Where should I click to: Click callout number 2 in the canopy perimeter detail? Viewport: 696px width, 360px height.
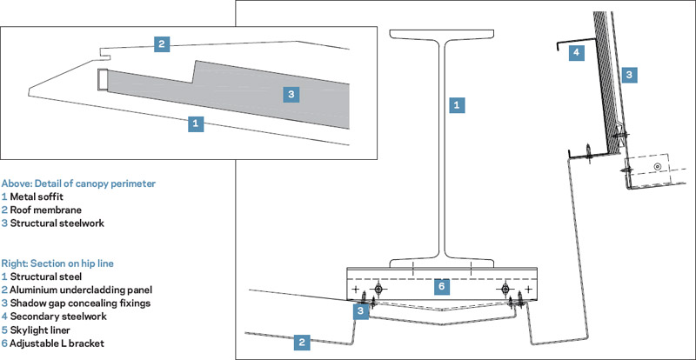tap(161, 43)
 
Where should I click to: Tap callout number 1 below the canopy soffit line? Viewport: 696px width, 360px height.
tap(196, 123)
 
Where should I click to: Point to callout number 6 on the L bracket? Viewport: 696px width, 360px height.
tap(440, 285)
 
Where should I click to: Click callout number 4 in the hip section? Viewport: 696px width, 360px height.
tap(575, 53)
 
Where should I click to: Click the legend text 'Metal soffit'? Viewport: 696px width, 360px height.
tap(39, 197)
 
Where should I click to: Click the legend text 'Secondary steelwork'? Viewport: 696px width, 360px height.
tap(57, 316)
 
